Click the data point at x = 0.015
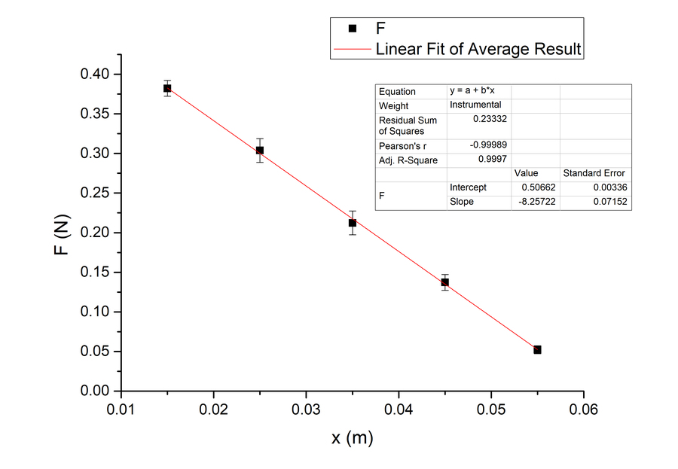(167, 88)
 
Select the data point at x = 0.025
(260, 150)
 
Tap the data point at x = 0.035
(352, 223)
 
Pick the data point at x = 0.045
(444, 282)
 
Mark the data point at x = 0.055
(537, 349)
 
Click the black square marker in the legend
(352, 29)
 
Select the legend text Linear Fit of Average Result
(478, 50)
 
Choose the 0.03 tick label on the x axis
(306, 410)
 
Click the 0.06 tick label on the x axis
(584, 410)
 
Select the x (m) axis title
(352, 438)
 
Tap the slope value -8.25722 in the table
(534, 202)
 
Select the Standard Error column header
(594, 173)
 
